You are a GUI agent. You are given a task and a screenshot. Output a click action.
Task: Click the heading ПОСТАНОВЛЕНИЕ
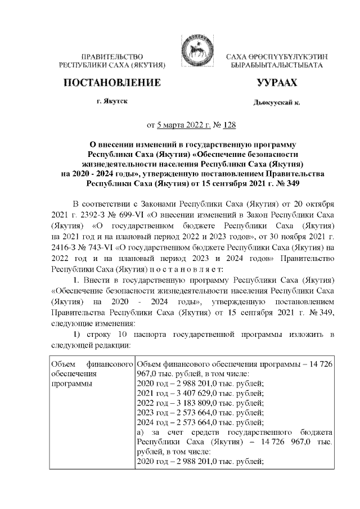tap(113, 83)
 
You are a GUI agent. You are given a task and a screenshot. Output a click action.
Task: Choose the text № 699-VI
tap(130, 213)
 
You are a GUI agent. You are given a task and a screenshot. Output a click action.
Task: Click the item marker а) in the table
tap(141, 434)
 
